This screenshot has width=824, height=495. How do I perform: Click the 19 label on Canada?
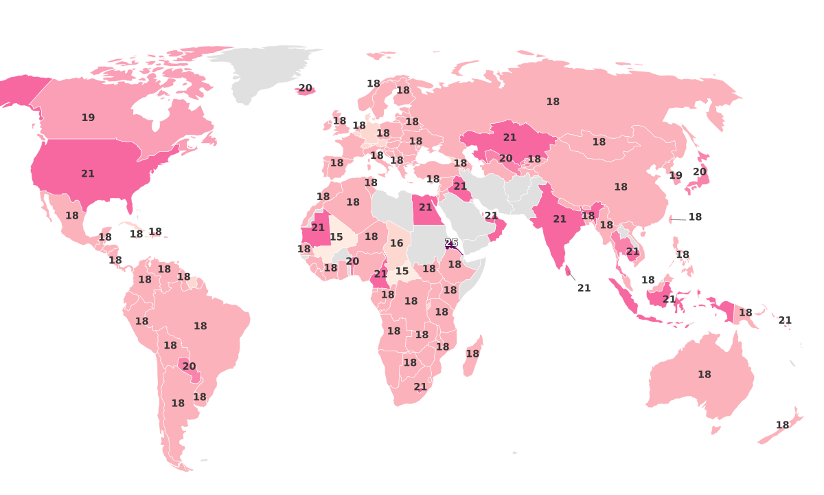pos(88,118)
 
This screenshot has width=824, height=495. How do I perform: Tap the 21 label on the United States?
pos(88,174)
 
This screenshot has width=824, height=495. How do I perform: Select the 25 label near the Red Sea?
pos(451,243)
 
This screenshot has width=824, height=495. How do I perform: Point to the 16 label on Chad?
pos(397,243)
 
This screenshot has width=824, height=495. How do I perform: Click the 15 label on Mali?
pos(336,237)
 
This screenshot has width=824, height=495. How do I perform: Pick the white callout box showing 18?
pos(695,217)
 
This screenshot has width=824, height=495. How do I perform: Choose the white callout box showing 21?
pos(584,288)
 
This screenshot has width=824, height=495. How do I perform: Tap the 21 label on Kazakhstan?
pos(510,137)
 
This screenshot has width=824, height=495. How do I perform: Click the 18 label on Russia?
pos(553,102)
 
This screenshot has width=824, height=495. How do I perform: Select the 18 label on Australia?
pos(705,375)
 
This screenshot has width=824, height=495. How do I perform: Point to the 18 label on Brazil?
pos(201,327)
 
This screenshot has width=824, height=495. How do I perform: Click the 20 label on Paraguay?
pos(189,366)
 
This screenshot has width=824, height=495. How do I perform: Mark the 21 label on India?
pos(560,219)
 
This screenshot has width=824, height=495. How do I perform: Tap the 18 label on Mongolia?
pos(599,142)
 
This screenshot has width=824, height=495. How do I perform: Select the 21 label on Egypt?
pos(426,208)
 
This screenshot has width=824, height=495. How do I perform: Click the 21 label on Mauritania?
pos(318,228)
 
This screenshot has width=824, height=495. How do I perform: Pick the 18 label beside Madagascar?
pos(472,354)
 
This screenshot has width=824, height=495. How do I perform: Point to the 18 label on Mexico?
pos(72,216)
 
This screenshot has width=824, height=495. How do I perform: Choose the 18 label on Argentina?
pos(178,404)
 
